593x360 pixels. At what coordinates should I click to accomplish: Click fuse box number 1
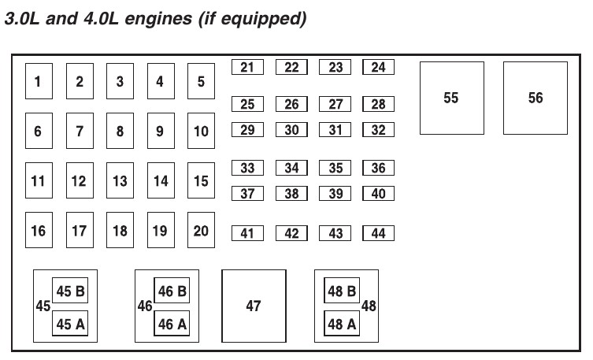[x=38, y=81]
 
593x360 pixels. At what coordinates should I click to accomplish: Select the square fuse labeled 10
[x=201, y=132]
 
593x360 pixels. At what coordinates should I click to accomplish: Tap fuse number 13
[x=120, y=181]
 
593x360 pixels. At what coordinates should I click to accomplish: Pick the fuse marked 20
[x=201, y=231]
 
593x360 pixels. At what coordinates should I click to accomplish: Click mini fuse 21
[x=247, y=67]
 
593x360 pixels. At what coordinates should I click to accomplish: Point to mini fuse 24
[x=378, y=67]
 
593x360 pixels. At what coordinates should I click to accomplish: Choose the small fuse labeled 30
[x=291, y=130]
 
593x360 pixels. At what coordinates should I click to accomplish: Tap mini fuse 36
[x=378, y=168]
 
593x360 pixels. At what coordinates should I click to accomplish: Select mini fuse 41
[x=247, y=233]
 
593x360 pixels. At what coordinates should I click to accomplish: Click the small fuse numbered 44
[x=378, y=233]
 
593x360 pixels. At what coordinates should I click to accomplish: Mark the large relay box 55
[x=451, y=98]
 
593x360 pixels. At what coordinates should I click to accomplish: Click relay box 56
[x=536, y=98]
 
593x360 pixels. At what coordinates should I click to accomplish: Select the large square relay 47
[x=254, y=306]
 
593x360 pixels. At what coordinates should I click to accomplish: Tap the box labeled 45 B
[x=70, y=291]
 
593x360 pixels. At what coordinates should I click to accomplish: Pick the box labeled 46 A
[x=172, y=323]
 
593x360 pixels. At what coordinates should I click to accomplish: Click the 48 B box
[x=342, y=291]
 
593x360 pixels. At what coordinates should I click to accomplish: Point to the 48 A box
[x=342, y=323]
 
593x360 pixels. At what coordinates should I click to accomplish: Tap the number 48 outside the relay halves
[x=369, y=306]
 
